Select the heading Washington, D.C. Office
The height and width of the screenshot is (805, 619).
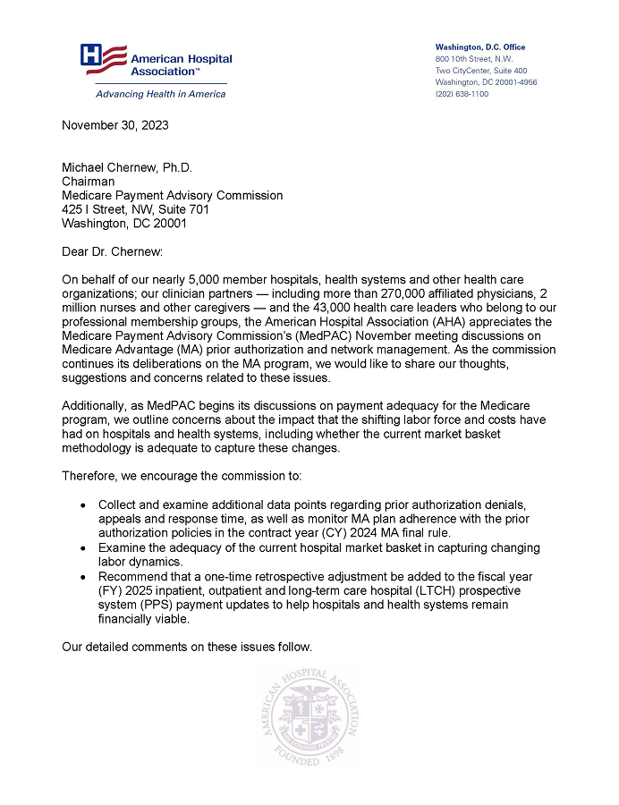(x=479, y=47)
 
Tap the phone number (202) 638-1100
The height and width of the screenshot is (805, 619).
(x=462, y=94)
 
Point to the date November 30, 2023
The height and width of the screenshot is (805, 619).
(x=114, y=125)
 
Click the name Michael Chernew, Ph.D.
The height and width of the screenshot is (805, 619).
(x=126, y=168)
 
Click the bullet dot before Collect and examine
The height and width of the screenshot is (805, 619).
(x=83, y=506)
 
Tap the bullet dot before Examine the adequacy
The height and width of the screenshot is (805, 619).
(x=83, y=547)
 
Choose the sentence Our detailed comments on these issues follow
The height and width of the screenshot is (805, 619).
(x=187, y=647)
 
